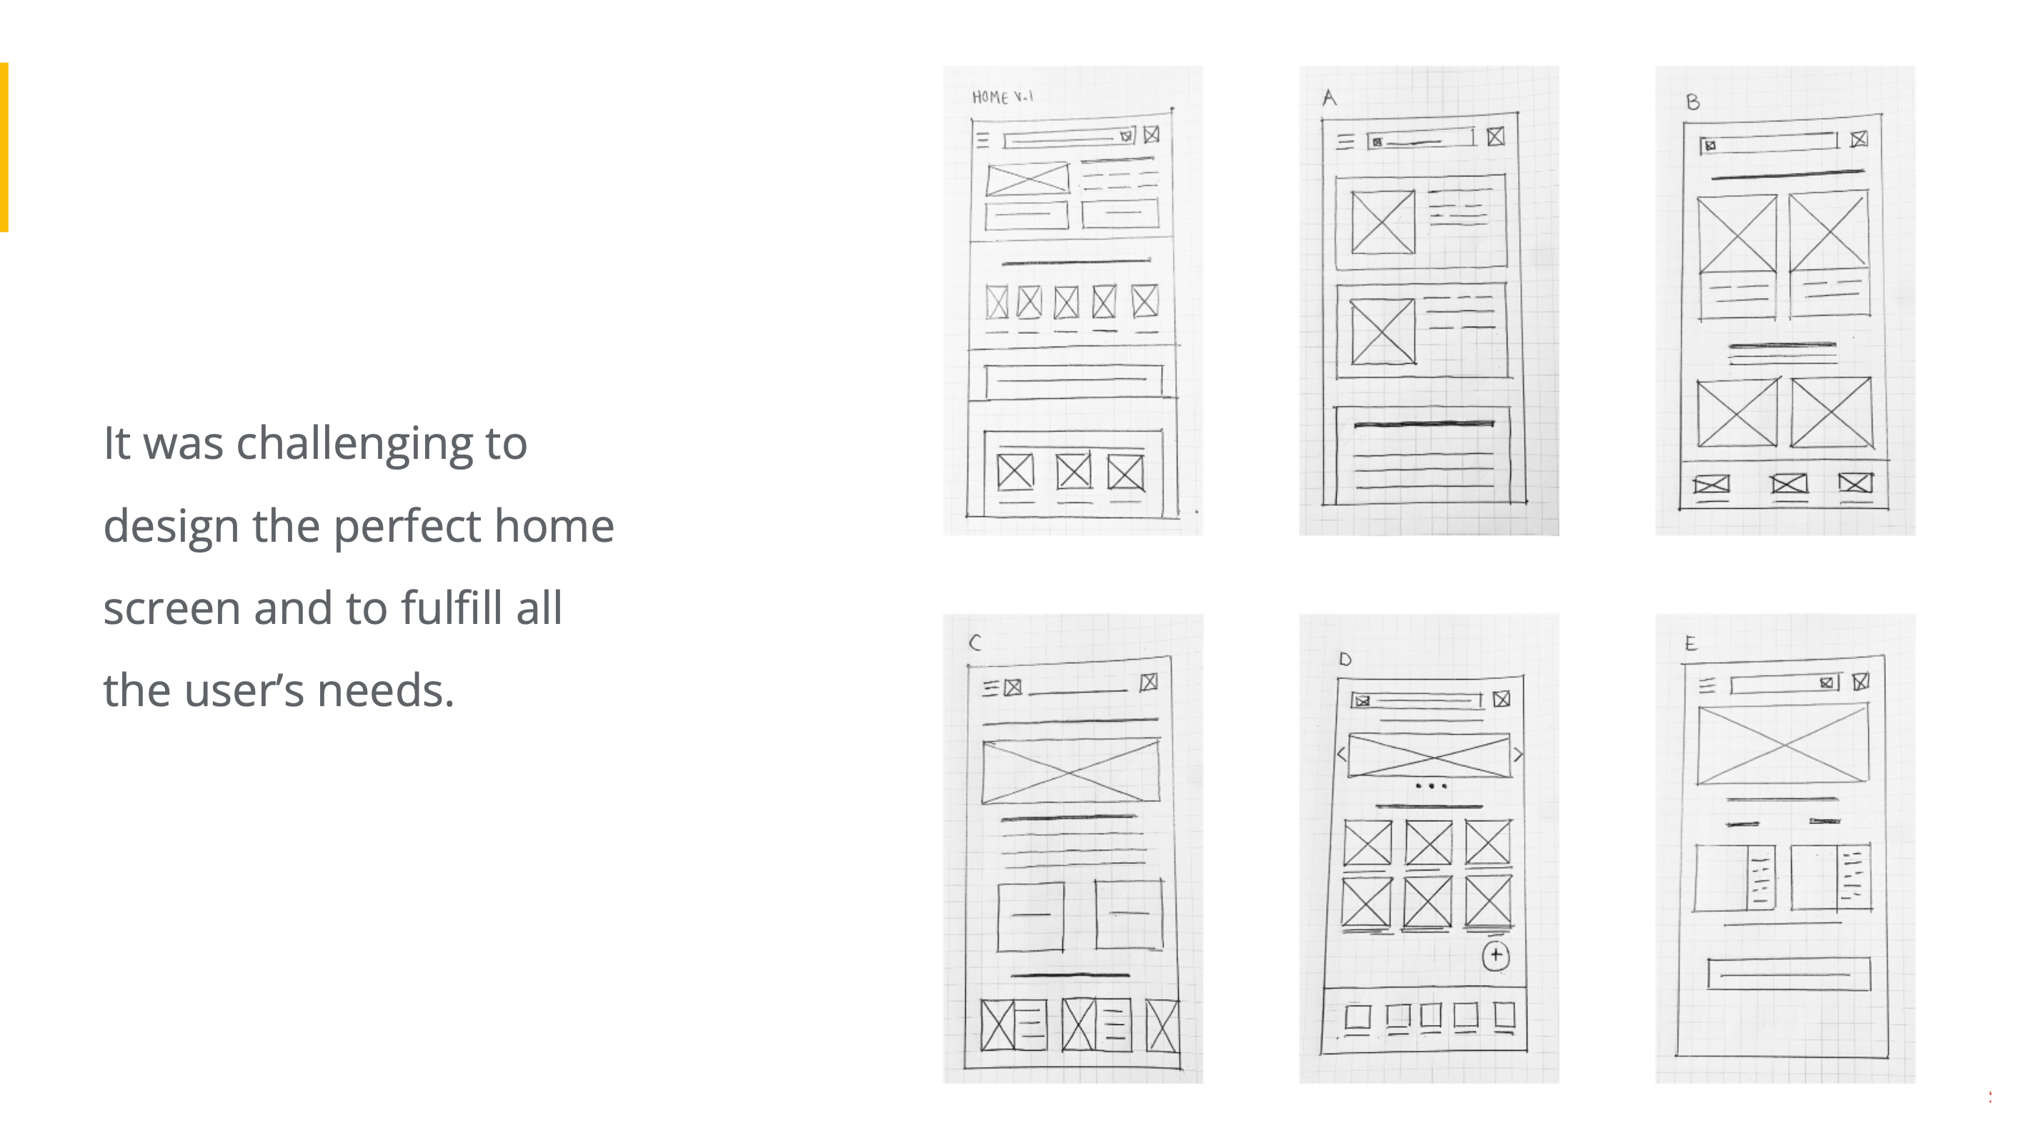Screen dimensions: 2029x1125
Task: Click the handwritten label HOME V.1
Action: pyautogui.click(x=1002, y=97)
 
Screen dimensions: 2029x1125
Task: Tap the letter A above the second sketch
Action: pyautogui.click(x=1330, y=98)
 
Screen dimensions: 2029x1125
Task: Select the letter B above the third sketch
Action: pyautogui.click(x=1693, y=101)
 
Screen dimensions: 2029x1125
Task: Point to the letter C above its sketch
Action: pyautogui.click(x=975, y=643)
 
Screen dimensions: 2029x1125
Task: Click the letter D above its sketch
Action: pyautogui.click(x=1345, y=660)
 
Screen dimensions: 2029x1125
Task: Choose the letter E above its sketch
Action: pyautogui.click(x=1690, y=644)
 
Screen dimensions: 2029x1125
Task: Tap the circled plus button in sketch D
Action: pyautogui.click(x=1496, y=956)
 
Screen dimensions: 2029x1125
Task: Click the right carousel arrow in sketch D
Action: pyautogui.click(x=1517, y=755)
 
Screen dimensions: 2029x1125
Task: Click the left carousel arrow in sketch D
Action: pyautogui.click(x=1342, y=755)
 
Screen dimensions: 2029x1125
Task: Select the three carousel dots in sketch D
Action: pyautogui.click(x=1430, y=785)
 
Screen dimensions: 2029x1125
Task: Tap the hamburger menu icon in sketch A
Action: pyautogui.click(x=1345, y=142)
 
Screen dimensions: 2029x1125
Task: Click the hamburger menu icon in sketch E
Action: pyautogui.click(x=1706, y=686)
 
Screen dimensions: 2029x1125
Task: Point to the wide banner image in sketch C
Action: pyautogui.click(x=1071, y=771)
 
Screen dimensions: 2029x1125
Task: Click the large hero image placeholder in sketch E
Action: pyautogui.click(x=1783, y=745)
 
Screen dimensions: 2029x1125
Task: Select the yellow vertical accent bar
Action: pyautogui.click(x=4, y=147)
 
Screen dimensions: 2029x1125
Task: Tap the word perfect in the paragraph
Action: pyautogui.click(x=407, y=527)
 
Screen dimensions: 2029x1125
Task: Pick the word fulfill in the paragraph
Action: pyautogui.click(x=452, y=608)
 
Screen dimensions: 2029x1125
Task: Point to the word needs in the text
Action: pyautogui.click(x=384, y=692)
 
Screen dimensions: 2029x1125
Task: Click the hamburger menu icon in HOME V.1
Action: pyautogui.click(x=982, y=140)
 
